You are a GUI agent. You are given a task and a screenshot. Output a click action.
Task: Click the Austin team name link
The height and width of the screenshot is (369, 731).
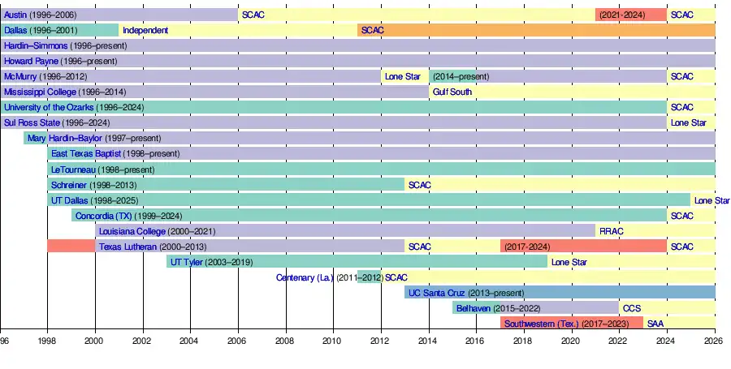click(x=16, y=15)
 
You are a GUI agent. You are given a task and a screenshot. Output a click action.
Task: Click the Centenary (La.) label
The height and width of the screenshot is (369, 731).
click(x=305, y=277)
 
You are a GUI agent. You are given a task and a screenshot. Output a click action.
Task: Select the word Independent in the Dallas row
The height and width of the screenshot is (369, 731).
click(x=145, y=30)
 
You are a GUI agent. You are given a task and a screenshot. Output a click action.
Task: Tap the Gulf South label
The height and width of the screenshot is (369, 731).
click(x=452, y=92)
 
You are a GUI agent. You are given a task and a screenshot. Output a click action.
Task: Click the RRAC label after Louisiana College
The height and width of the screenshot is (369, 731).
click(x=612, y=231)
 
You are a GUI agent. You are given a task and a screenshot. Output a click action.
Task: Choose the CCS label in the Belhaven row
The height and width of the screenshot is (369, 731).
click(x=631, y=308)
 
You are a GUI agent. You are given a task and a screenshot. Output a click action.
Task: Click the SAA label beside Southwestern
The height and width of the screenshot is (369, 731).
click(x=655, y=324)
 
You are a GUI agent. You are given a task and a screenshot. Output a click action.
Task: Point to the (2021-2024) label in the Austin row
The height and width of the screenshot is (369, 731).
click(x=622, y=15)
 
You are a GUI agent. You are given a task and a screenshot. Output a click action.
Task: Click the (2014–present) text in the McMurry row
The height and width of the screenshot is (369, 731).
click(x=461, y=76)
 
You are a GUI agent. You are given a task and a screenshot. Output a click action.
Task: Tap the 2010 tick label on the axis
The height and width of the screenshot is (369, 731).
click(x=332, y=341)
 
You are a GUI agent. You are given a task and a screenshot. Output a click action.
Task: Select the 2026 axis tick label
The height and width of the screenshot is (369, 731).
click(x=715, y=341)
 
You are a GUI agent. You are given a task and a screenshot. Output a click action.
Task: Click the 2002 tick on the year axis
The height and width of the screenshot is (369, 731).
click(x=143, y=341)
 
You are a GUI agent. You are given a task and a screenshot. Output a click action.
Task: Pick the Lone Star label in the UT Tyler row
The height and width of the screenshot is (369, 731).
click(x=569, y=262)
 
